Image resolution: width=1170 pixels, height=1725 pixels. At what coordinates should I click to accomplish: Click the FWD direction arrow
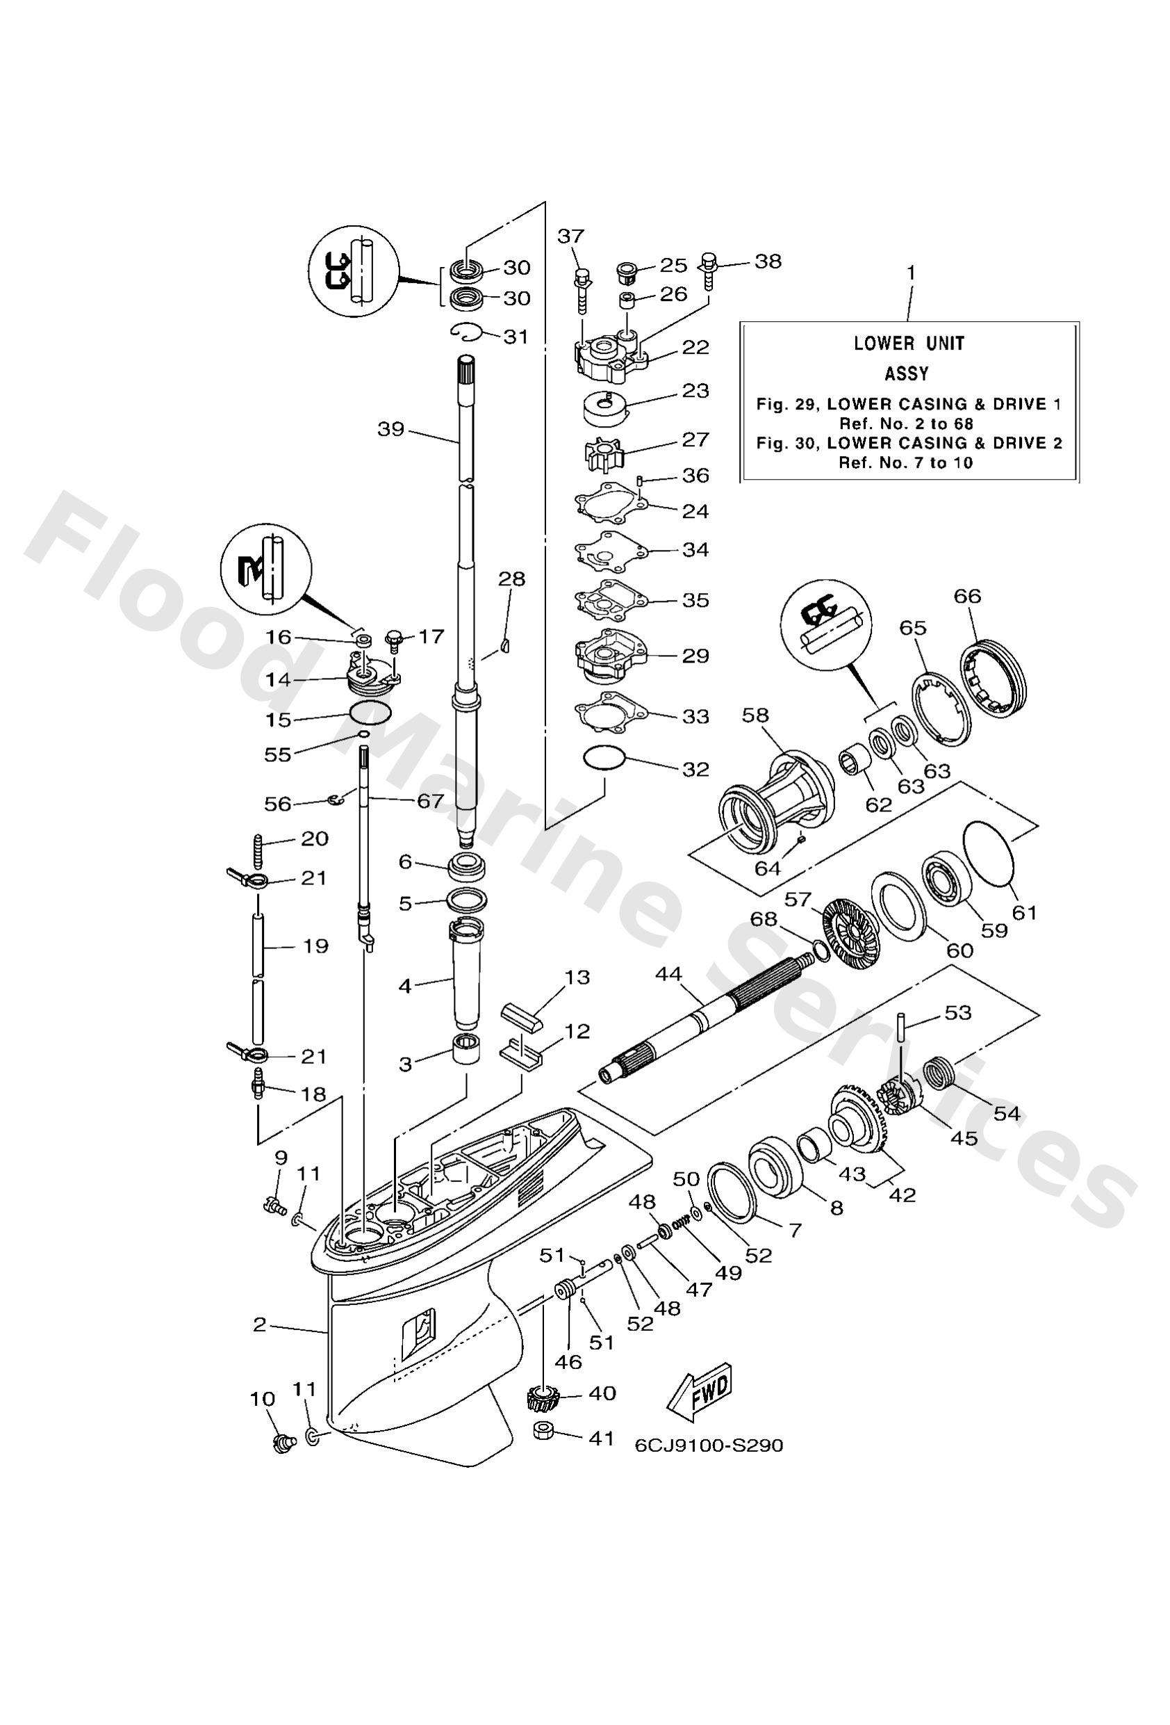pyautogui.click(x=700, y=1388)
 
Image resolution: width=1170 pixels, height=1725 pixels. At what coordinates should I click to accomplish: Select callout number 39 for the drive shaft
pyautogui.click(x=390, y=429)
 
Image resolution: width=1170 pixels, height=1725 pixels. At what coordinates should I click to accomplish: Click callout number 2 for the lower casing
pyautogui.click(x=259, y=1325)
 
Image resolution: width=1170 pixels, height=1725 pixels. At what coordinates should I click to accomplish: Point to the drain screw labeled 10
pyautogui.click(x=282, y=1443)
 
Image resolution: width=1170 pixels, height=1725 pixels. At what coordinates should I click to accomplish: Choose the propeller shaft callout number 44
pyautogui.click(x=669, y=974)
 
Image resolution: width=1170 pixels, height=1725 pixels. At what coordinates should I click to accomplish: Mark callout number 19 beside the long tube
pyautogui.click(x=315, y=946)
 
